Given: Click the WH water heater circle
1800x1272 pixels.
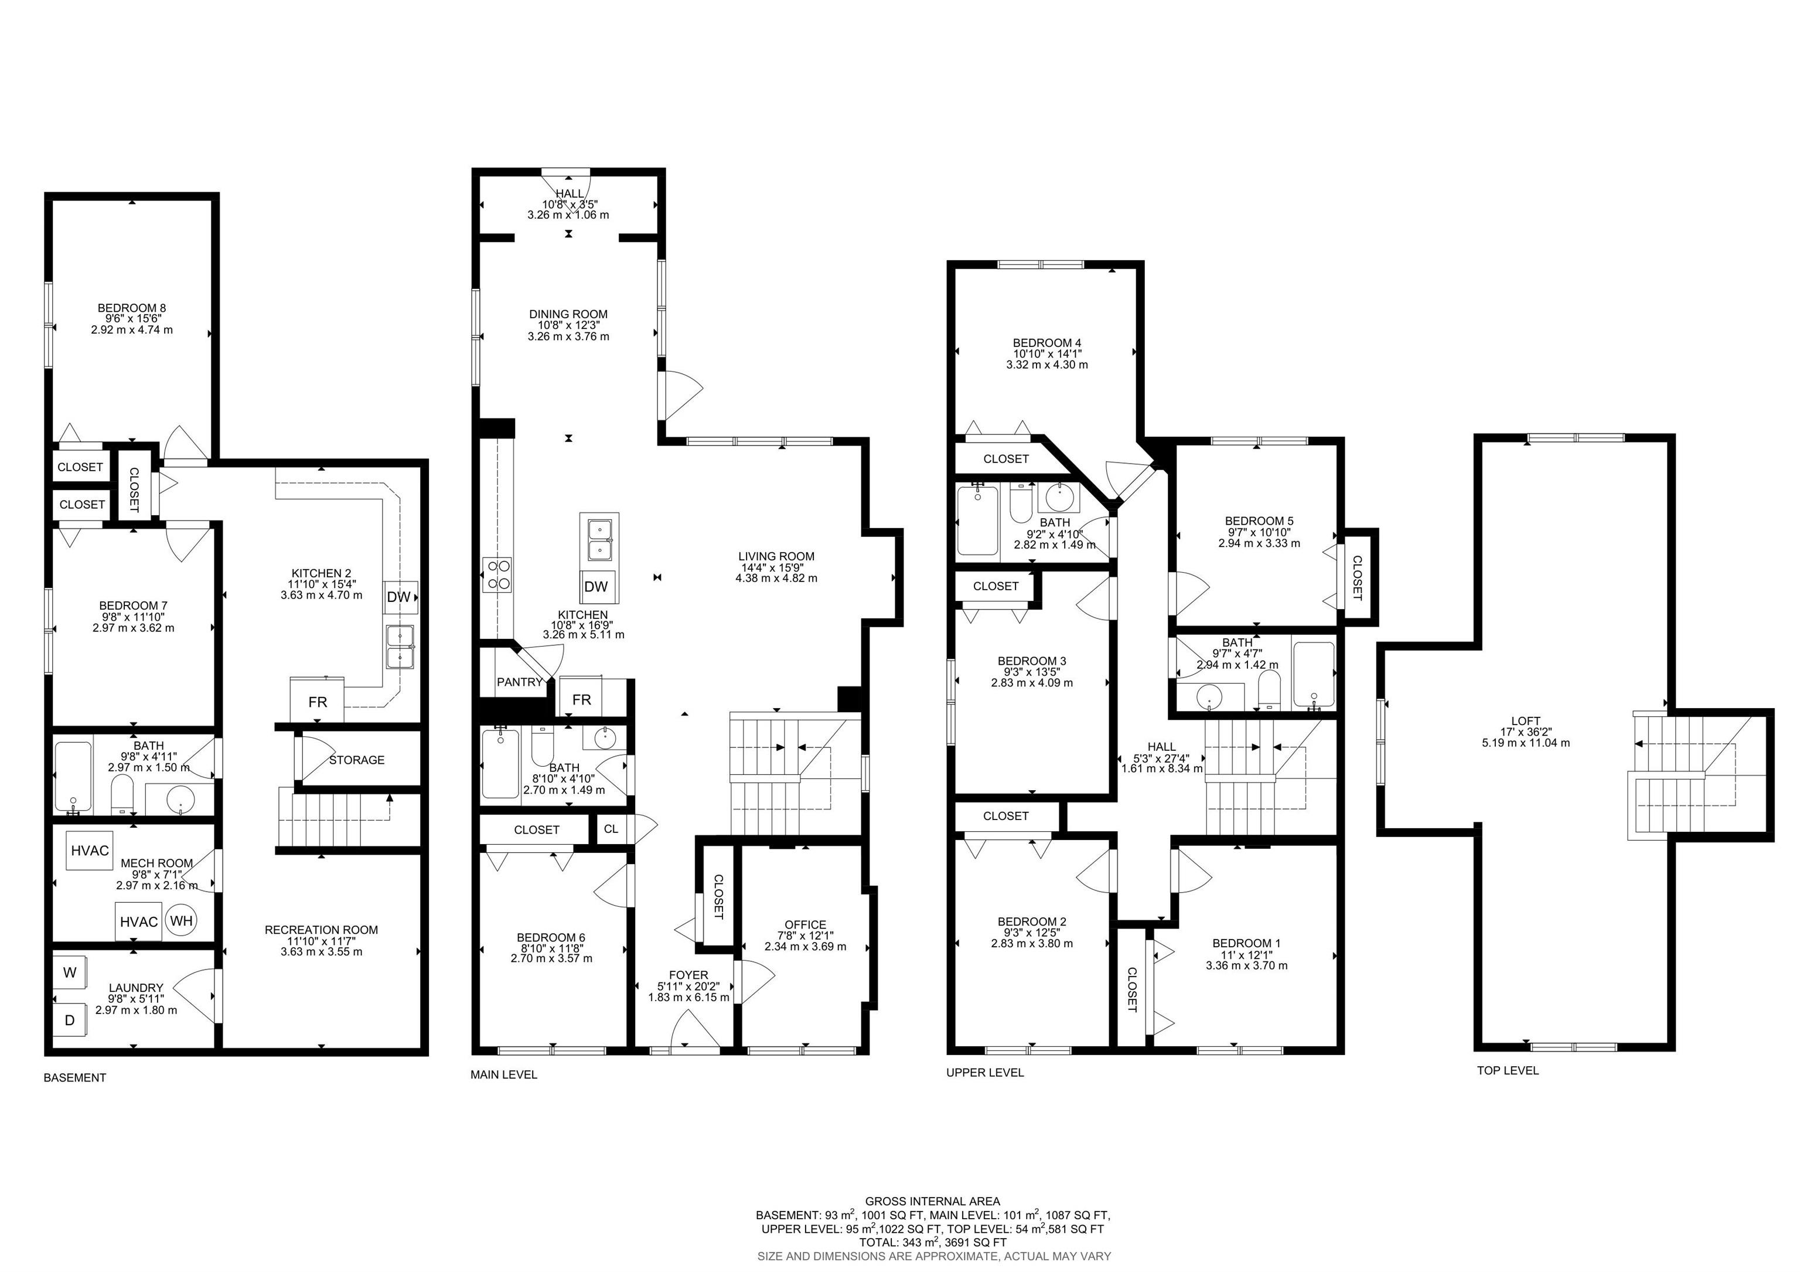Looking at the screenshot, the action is (x=182, y=921).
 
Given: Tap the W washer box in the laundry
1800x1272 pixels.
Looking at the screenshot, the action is (x=70, y=972).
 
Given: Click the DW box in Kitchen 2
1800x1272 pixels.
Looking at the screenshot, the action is (x=400, y=597).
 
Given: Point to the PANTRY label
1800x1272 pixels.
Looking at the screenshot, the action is (x=520, y=682).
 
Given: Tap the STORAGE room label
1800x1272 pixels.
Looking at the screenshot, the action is (x=357, y=760).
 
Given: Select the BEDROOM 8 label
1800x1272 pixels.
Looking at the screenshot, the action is (x=132, y=308).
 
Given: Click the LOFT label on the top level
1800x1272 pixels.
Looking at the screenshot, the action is (x=1526, y=720).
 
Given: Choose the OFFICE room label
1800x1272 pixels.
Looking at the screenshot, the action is (x=805, y=924).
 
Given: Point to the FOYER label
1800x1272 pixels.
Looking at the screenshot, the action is (x=688, y=975).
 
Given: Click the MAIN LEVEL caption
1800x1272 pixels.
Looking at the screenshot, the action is (x=504, y=1074).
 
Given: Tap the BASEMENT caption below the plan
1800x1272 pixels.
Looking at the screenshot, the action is (x=74, y=1077).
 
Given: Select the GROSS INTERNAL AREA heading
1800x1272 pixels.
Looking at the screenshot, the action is (x=933, y=1200).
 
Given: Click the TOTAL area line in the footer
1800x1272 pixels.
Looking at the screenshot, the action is (x=933, y=1242).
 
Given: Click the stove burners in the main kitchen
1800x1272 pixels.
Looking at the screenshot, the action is (x=497, y=573).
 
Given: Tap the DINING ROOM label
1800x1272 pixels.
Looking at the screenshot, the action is (x=568, y=314).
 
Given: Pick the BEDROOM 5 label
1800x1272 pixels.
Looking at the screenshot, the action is (x=1259, y=521).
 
